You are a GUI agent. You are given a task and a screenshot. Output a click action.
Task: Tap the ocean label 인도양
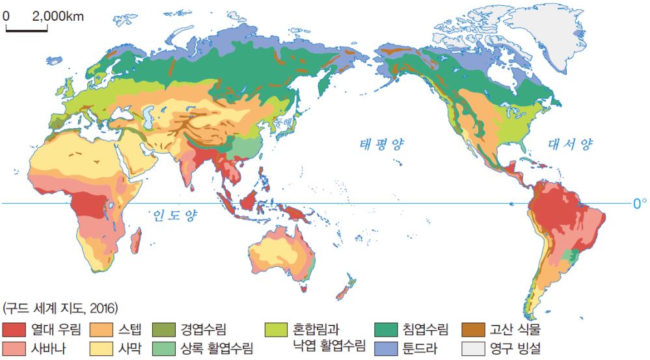(x=174, y=215)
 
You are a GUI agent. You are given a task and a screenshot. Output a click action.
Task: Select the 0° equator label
(x=640, y=204)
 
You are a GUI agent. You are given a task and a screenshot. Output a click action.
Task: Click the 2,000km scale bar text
(x=58, y=16)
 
